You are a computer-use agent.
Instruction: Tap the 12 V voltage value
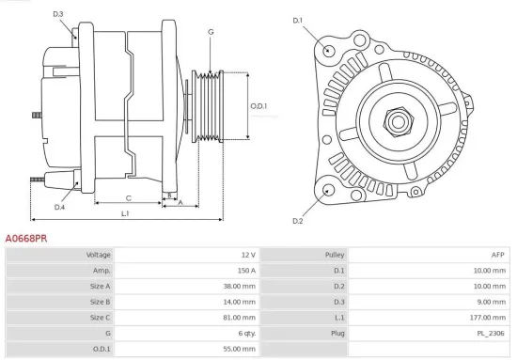247,255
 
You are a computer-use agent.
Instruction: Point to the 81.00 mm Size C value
240,318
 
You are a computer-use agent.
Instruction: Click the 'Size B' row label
101,302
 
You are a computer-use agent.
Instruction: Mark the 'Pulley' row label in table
335,255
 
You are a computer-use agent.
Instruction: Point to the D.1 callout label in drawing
298,20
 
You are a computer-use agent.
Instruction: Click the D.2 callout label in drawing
298,221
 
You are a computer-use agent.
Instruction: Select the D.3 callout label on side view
58,14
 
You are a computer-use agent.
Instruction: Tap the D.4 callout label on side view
59,207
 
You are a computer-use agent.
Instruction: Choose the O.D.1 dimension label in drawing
258,106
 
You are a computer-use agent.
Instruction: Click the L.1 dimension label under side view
125,214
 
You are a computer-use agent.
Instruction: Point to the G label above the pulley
211,32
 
